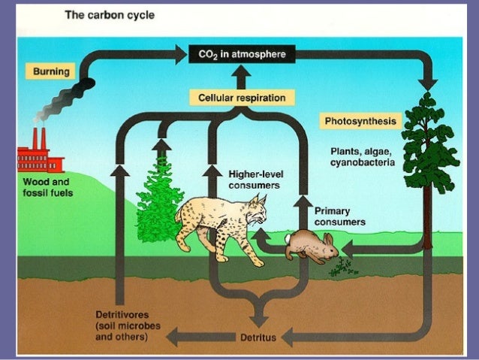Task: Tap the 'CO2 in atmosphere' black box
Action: [236, 54]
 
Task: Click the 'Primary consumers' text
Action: [339, 216]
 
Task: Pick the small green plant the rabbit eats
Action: [345, 265]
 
